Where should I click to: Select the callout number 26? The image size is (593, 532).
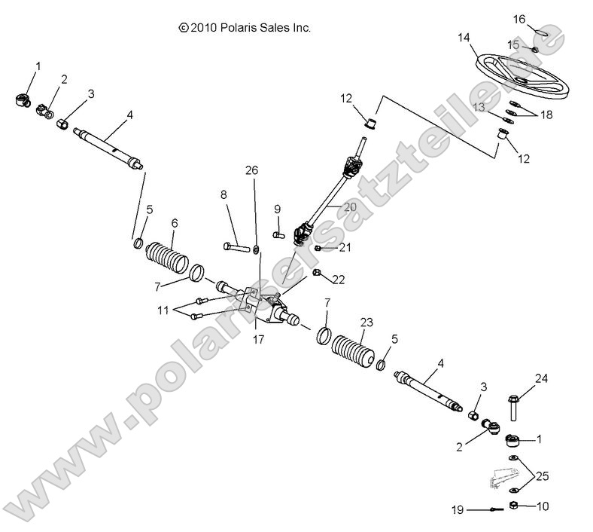point(252,171)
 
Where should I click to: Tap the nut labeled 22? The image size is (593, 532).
point(318,271)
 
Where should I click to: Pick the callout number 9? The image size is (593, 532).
point(277,209)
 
